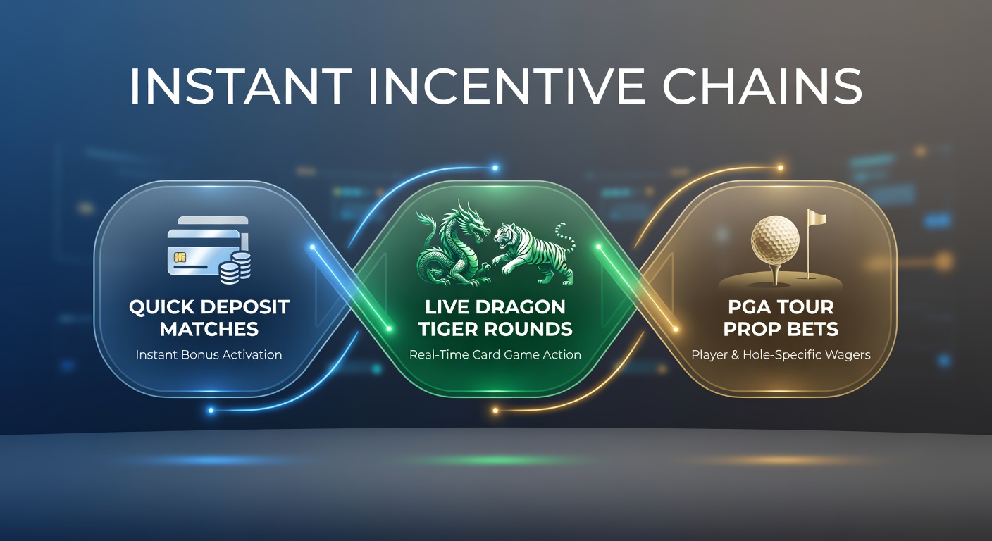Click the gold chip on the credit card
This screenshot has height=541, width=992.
tap(179, 259)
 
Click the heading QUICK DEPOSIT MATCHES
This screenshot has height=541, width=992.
tap(209, 318)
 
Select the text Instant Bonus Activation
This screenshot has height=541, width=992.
tap(209, 354)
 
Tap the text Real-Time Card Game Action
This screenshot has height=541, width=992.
tap(495, 354)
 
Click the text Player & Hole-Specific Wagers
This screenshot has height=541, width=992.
tap(781, 354)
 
